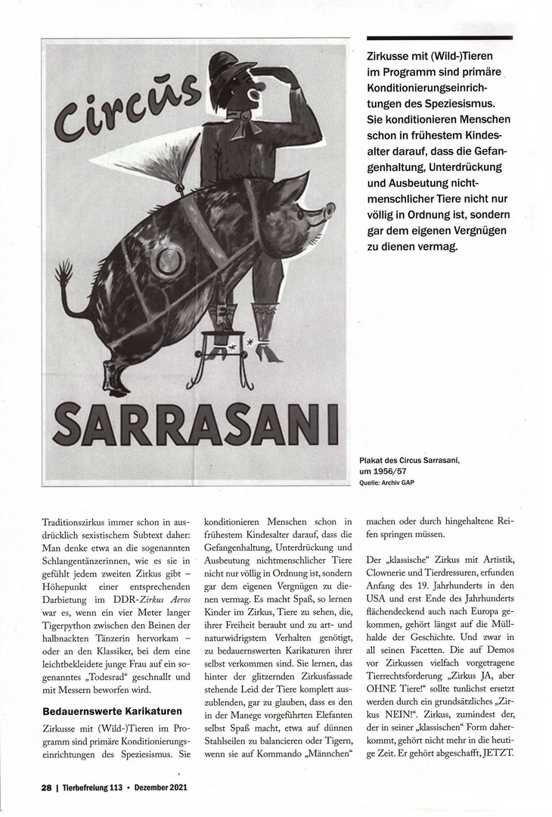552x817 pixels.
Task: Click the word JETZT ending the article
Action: tap(495, 754)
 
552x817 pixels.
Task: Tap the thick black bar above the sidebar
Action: tap(439, 38)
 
